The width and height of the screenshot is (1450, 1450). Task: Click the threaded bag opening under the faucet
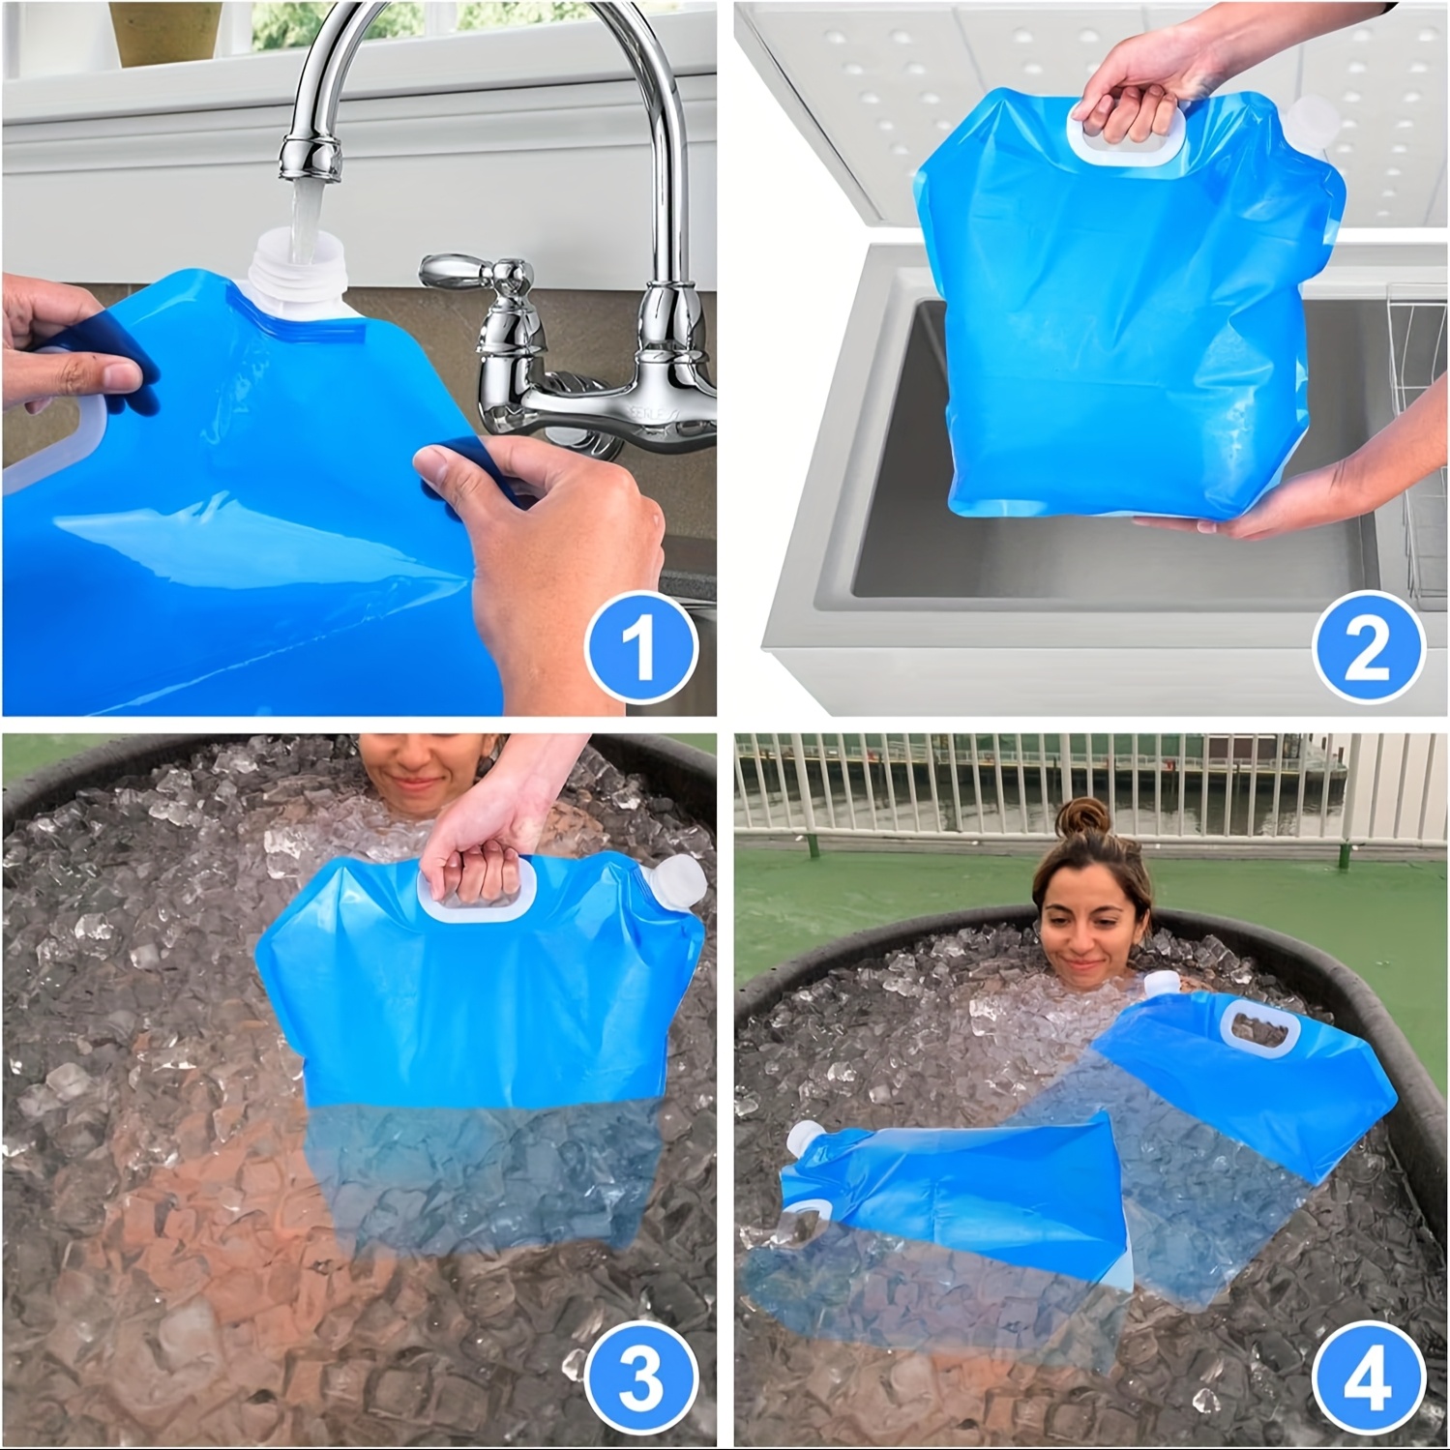(300, 281)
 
